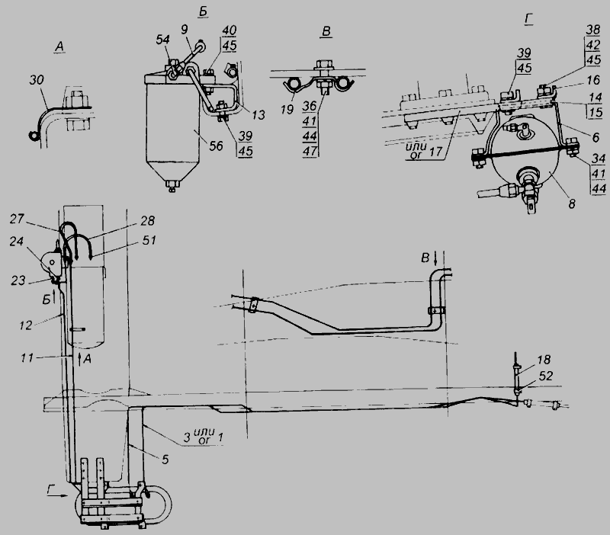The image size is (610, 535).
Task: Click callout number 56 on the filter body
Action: point(216,146)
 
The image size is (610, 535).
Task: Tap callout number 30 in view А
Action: point(37,80)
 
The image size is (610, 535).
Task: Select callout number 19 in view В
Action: point(287,110)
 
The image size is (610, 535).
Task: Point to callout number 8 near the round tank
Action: point(571,203)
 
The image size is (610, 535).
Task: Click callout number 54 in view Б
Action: point(162,40)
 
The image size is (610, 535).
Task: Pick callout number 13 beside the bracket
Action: point(258,115)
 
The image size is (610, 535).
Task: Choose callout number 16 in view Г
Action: point(593,80)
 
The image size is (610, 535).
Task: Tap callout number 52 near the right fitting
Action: point(546,376)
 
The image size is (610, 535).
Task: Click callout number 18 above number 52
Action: point(544,360)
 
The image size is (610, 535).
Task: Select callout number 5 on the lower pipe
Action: point(165,460)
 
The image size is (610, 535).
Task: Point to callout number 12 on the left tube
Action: point(26,325)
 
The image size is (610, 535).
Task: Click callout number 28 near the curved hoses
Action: point(147,221)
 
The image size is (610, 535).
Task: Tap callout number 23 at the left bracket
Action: point(18,280)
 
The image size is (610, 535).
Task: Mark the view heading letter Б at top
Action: point(203,11)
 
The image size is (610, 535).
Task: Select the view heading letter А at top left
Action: point(59,46)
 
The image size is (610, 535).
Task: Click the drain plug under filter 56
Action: point(172,185)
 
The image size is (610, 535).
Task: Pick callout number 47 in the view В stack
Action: point(310,151)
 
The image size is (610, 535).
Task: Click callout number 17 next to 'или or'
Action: point(436,151)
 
